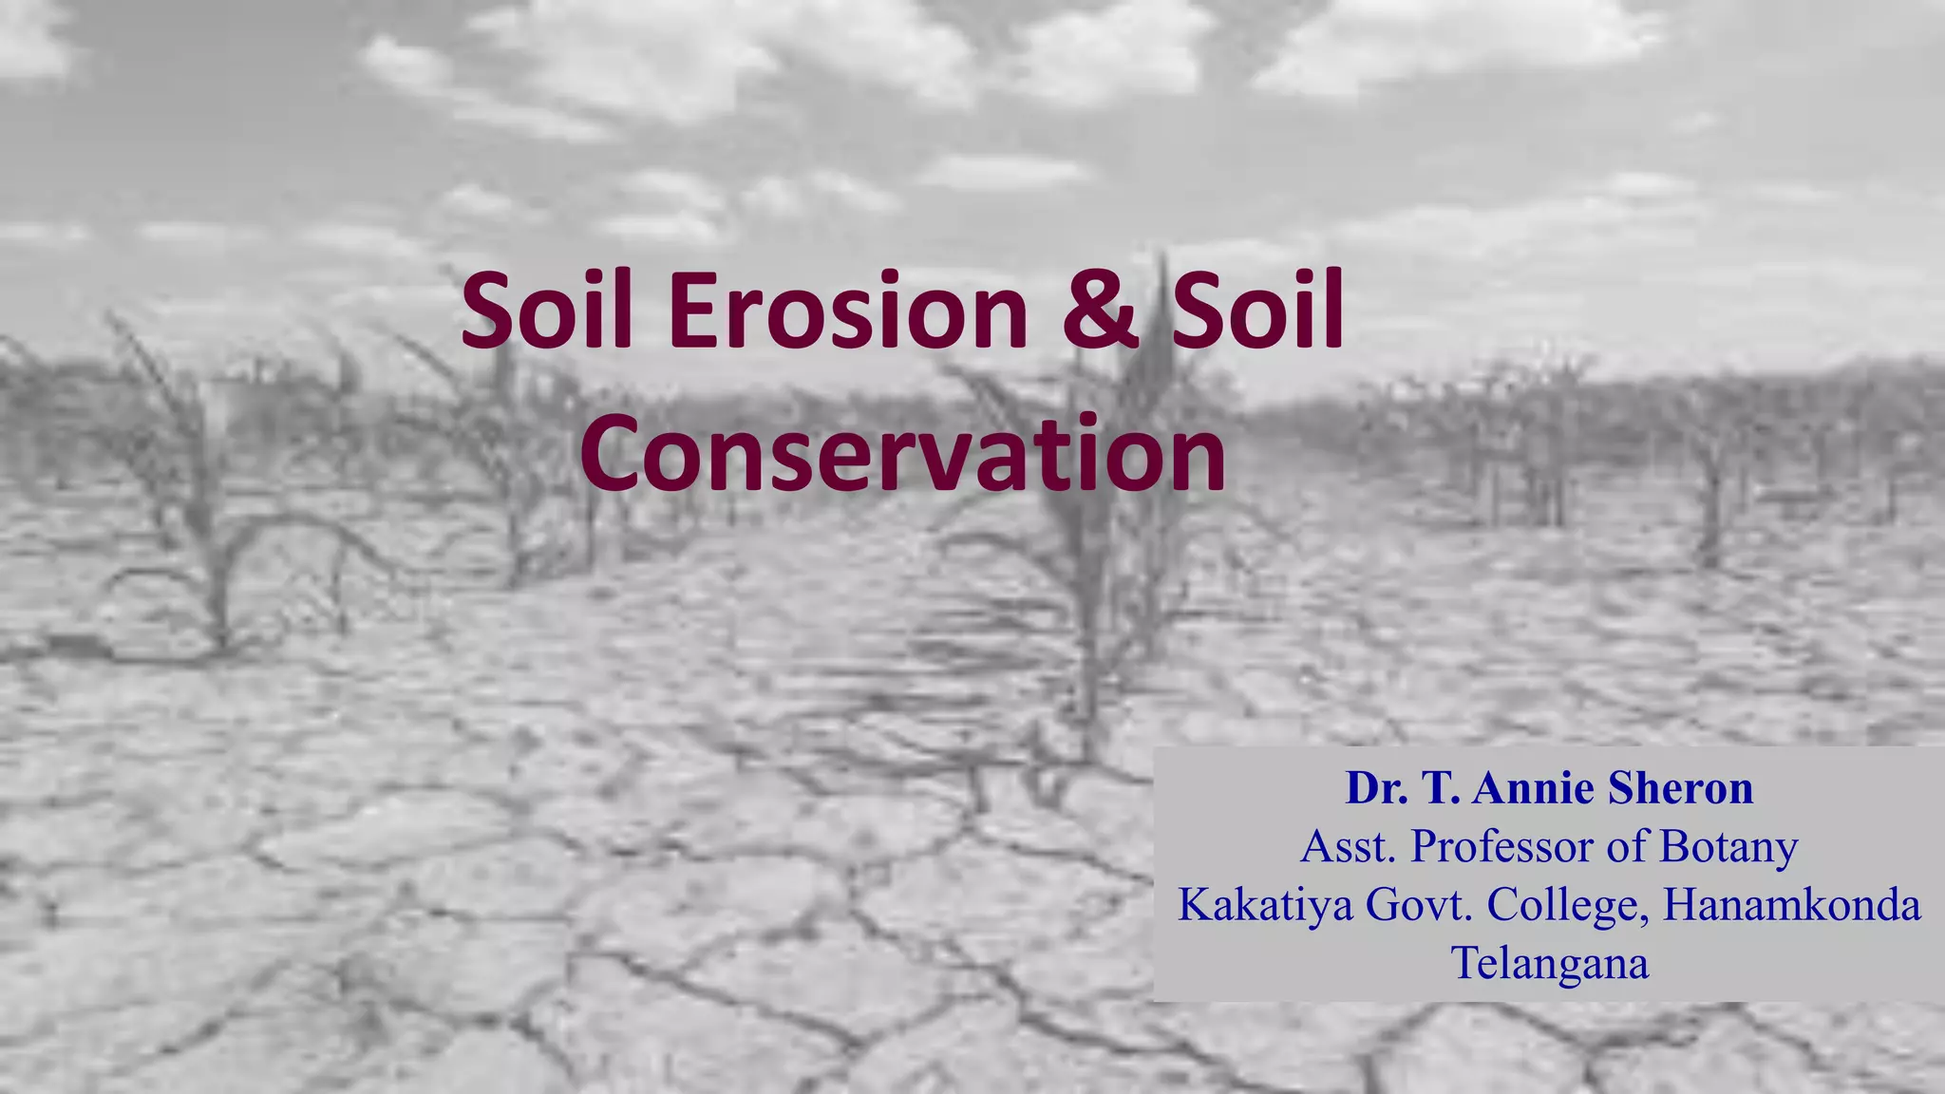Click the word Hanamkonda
[x=1791, y=904]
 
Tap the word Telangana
[x=1550, y=963]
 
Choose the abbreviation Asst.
[x=1348, y=846]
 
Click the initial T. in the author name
[x=1442, y=788]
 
